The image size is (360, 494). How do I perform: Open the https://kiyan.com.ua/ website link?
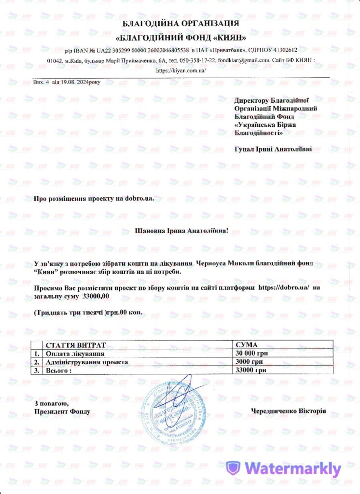[181, 70]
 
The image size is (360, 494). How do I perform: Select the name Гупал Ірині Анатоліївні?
[273, 149]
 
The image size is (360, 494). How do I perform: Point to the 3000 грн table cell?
[248, 362]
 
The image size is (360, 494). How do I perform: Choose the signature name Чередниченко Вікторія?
[289, 412]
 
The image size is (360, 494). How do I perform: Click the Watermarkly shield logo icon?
[234, 468]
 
